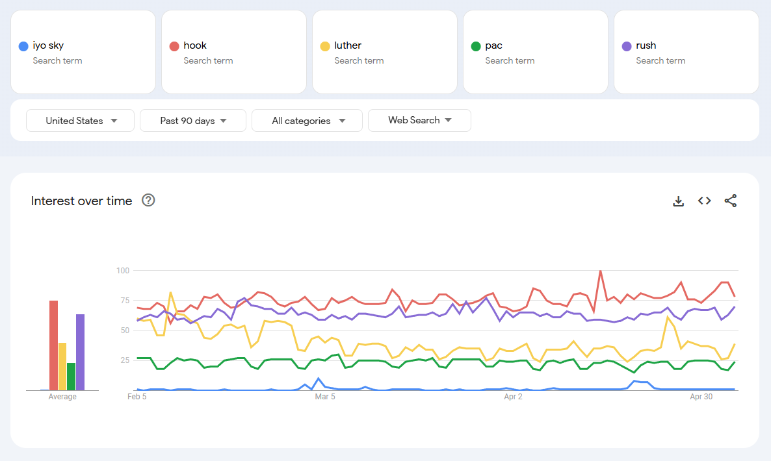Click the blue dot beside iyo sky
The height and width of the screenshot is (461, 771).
[x=23, y=46]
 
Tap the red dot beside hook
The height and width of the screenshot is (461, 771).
[x=174, y=46]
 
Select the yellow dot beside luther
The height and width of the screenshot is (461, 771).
[x=325, y=46]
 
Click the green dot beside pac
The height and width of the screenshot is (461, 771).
[x=476, y=46]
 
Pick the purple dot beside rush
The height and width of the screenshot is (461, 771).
[x=627, y=46]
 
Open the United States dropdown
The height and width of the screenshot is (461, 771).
[x=81, y=121]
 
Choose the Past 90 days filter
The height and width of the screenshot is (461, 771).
[x=193, y=121]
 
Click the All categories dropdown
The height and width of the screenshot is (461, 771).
[x=307, y=121]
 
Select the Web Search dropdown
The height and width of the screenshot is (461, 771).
[x=419, y=120]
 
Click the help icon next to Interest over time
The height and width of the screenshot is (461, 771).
[x=148, y=201]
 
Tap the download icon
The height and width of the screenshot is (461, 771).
[x=678, y=201]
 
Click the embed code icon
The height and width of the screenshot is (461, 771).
[x=704, y=201]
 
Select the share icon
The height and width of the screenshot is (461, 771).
[x=731, y=201]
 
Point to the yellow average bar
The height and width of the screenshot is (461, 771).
[x=62, y=366]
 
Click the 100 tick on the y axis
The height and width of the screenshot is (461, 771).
[x=123, y=270]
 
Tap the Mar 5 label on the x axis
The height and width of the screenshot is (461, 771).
[x=325, y=396]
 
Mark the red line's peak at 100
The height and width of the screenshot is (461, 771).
[x=600, y=271]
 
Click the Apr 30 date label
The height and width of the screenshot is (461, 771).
[x=701, y=396]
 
